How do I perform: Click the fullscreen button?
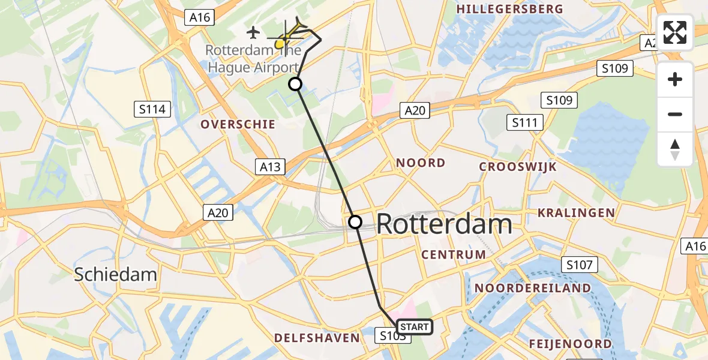click(x=675, y=32)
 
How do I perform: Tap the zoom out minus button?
click(x=675, y=114)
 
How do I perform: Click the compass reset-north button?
click(x=675, y=149)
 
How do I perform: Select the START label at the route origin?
click(x=414, y=327)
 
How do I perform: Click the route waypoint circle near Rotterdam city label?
click(x=355, y=222)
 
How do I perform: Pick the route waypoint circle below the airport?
click(x=295, y=84)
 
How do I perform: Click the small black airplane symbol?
click(x=254, y=31)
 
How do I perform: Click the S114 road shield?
click(x=152, y=109)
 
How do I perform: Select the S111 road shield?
click(x=524, y=123)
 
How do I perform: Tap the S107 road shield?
click(x=579, y=264)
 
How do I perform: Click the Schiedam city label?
click(x=115, y=275)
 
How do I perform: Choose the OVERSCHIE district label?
click(x=238, y=124)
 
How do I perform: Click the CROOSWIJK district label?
click(x=518, y=167)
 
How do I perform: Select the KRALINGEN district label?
click(x=576, y=212)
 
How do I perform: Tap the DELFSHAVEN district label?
click(x=317, y=338)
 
